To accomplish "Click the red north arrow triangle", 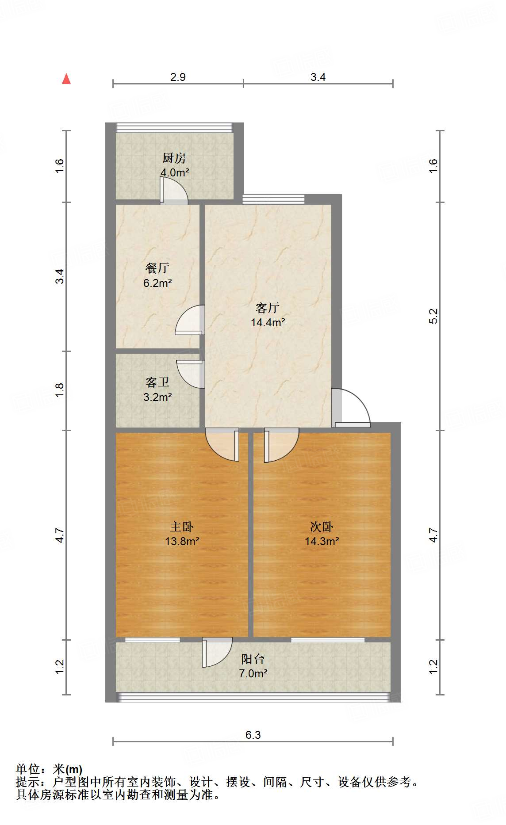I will (66, 79).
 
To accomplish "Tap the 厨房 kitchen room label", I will (174, 158).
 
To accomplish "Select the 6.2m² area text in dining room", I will (157, 283).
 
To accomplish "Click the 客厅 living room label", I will (268, 307).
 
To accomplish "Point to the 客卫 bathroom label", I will (157, 382).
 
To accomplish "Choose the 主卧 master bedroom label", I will (182, 527).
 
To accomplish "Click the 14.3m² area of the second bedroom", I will (322, 541).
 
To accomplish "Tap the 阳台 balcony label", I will (253, 659).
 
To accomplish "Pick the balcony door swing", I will (218, 651).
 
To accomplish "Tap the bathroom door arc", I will (190, 374).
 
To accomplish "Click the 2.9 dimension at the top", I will (178, 77).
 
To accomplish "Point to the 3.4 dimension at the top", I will (318, 77).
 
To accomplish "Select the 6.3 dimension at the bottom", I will (253, 735).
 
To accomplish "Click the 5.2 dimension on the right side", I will (433, 316).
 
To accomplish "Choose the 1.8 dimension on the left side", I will (60, 390).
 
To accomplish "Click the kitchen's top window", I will (174, 128).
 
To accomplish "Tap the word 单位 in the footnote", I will (27, 770).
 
